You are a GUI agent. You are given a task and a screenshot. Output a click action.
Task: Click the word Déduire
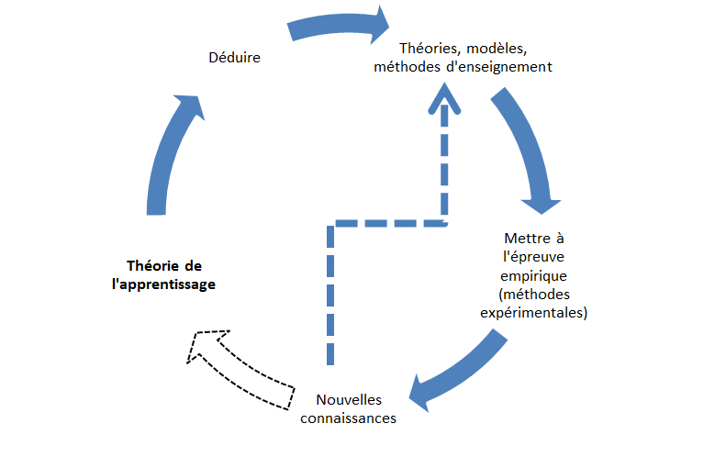coord(236,58)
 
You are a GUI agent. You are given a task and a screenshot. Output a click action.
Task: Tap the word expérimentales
coord(535,313)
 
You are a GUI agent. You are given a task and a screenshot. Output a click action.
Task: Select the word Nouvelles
coord(349,400)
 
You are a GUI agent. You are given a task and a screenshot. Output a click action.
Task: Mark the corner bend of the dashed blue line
coord(332,223)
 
